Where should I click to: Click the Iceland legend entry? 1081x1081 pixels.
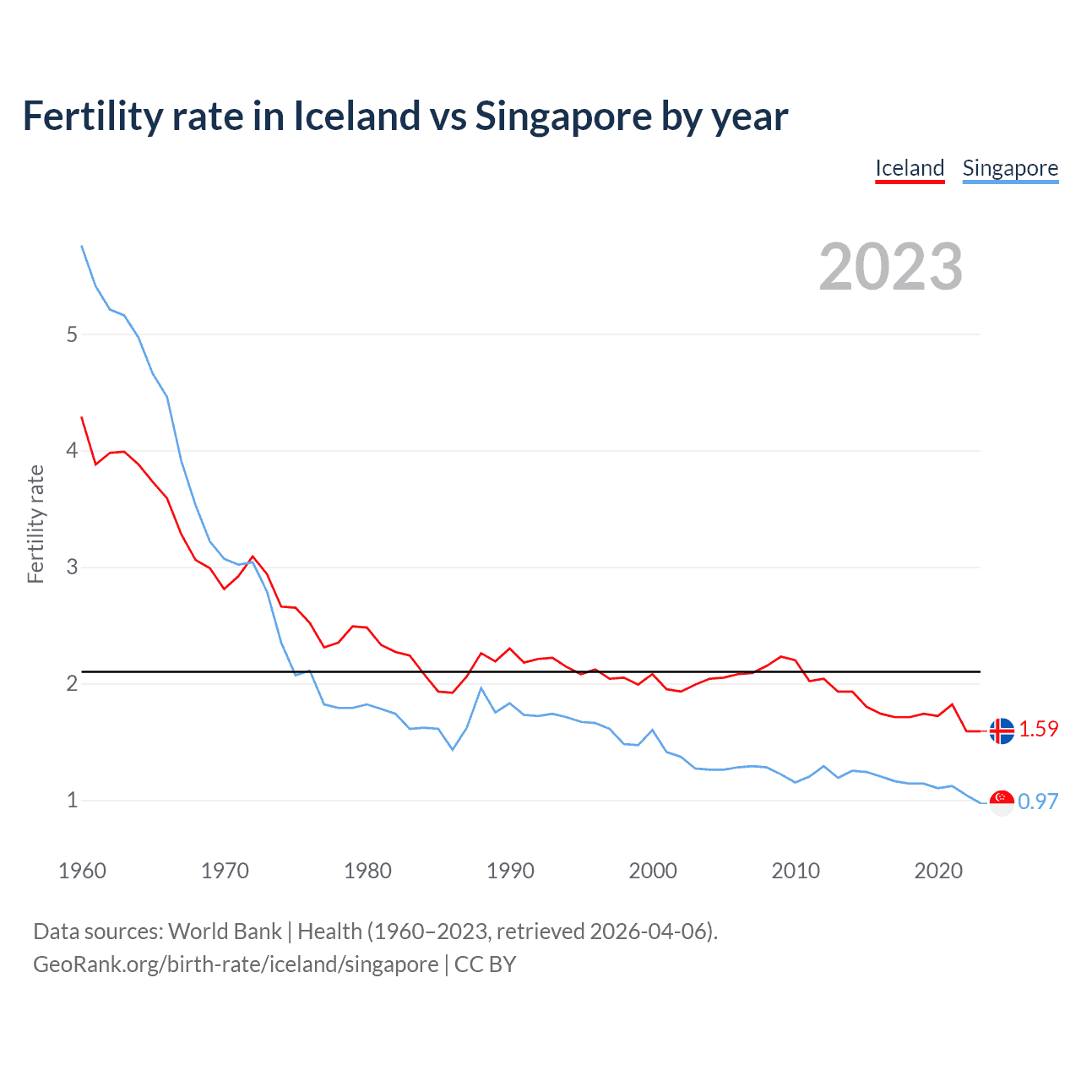pos(910,168)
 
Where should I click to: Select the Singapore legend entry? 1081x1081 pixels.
pos(1010,168)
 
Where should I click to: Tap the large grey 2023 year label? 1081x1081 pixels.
pos(891,267)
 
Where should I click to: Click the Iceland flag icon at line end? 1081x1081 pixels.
pos(1002,731)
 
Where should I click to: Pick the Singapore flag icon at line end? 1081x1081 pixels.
pos(1002,802)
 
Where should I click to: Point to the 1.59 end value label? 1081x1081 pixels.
pos(1038,729)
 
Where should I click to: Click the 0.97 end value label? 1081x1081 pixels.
pos(1038,801)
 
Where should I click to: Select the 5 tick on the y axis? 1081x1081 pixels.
pos(72,334)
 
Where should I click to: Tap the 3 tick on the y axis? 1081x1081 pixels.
pos(72,567)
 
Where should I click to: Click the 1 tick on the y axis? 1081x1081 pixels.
pos(72,800)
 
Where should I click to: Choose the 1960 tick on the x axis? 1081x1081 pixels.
pos(82,871)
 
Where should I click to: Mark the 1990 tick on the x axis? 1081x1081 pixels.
pos(510,871)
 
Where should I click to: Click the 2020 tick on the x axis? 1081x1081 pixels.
pos(938,871)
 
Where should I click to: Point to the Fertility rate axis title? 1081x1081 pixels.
pos(35,524)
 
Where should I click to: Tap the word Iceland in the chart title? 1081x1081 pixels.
pos(356,117)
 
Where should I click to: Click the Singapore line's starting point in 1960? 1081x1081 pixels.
pos(82,246)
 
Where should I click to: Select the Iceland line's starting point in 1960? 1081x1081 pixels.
pos(82,417)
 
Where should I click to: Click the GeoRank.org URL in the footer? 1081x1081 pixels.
pos(236,964)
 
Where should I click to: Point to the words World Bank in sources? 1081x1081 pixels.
pos(225,932)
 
